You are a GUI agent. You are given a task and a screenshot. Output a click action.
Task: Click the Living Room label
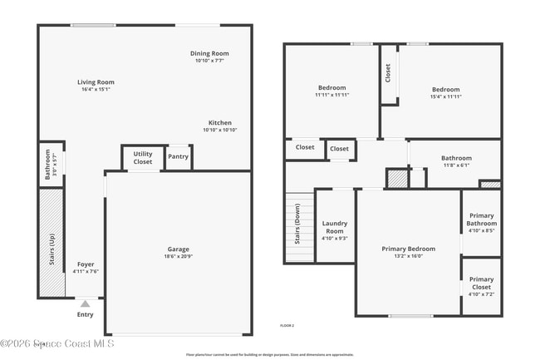[96, 82]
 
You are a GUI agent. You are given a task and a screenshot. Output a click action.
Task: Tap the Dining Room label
[211, 53]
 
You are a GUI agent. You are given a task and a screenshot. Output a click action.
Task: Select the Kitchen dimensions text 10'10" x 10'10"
[220, 130]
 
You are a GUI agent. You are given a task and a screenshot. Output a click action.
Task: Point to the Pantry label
[178, 156]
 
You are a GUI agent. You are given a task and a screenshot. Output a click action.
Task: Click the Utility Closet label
[143, 157]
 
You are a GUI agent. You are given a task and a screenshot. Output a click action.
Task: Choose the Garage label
[178, 249]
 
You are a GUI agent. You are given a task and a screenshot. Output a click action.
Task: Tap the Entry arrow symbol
[85, 303]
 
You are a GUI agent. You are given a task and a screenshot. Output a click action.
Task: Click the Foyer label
[86, 264]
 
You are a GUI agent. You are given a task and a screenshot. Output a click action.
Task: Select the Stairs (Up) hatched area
[52, 241]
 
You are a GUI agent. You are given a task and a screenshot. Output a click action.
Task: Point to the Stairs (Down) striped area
[299, 228]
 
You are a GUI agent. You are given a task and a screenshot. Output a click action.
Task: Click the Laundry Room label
[335, 227]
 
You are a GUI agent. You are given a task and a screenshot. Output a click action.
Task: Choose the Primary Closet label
[481, 283]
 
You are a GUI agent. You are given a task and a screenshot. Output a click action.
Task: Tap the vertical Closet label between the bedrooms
[388, 73]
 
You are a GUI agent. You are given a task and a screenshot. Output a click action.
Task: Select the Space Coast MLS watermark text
[58, 343]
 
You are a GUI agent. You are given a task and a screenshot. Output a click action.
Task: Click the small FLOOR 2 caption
[287, 325]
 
